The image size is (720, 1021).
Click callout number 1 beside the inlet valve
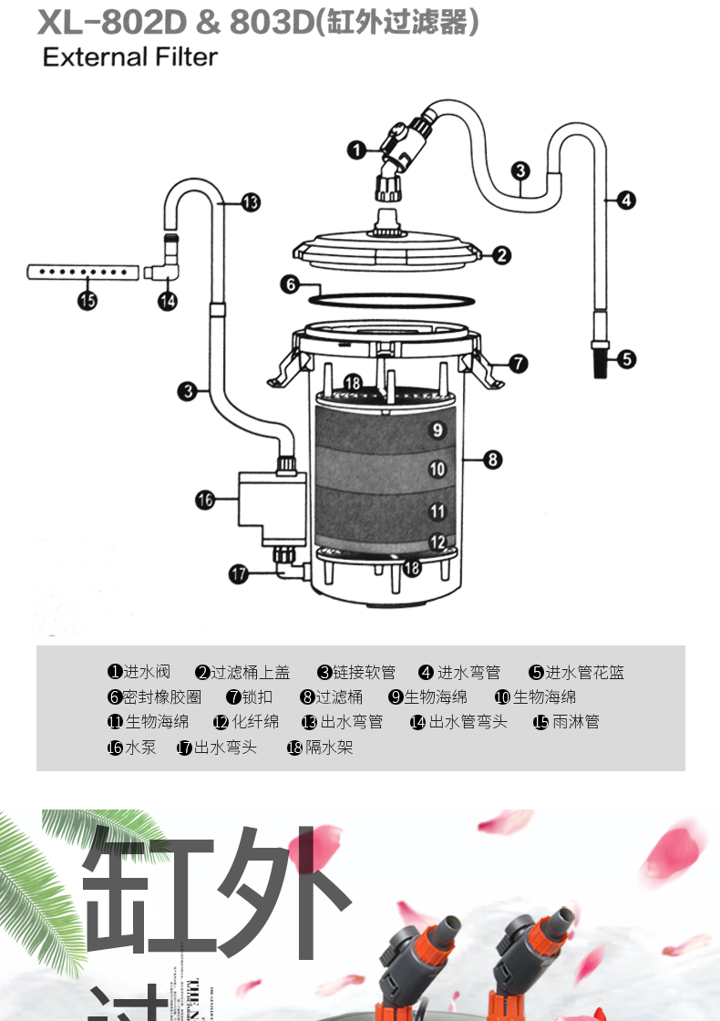[x=357, y=149]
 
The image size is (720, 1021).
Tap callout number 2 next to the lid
[x=502, y=255]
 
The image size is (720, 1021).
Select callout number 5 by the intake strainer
[x=627, y=358]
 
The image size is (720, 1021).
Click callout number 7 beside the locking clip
[x=518, y=364]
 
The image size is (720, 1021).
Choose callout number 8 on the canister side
[x=493, y=459]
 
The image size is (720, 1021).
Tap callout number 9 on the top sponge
[x=437, y=429]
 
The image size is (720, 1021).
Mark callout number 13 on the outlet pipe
[x=251, y=202]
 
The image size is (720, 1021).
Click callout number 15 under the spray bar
[x=87, y=301]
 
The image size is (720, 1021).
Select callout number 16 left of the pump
[x=204, y=500]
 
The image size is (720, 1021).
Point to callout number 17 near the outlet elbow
[x=238, y=573]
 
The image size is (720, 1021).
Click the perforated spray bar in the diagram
[x=82, y=272]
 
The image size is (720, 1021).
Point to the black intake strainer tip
[x=601, y=366]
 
